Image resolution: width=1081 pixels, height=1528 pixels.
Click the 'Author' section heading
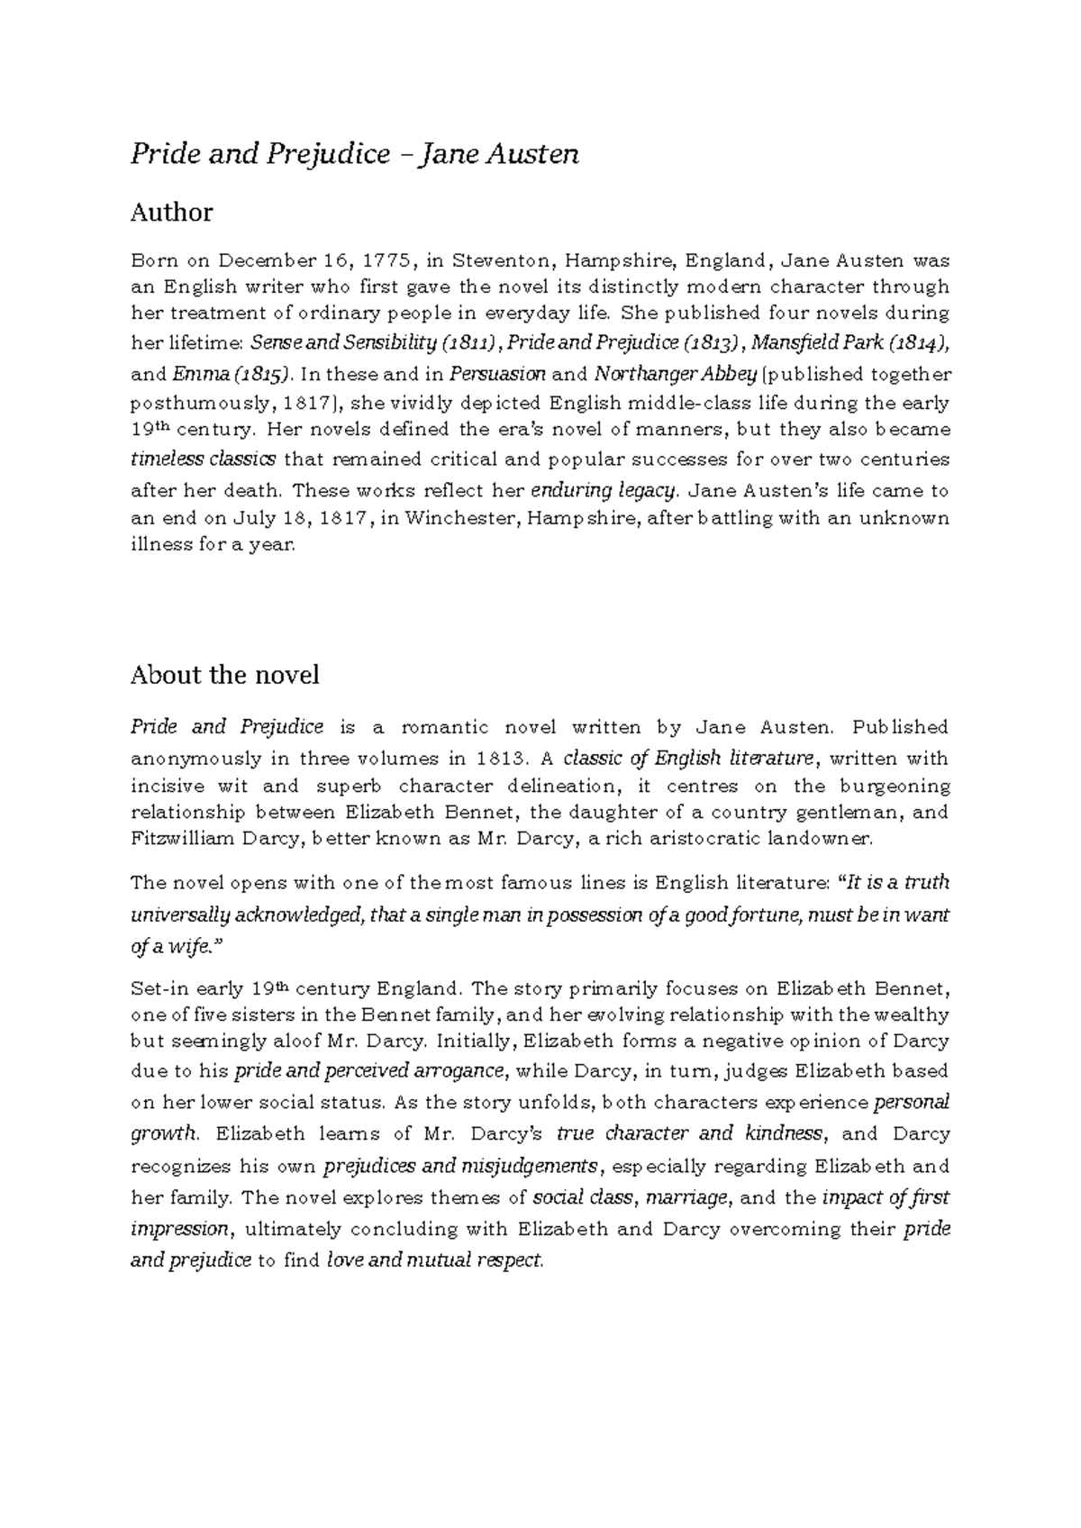[x=171, y=213]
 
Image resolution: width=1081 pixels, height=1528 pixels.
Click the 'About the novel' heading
[x=224, y=675]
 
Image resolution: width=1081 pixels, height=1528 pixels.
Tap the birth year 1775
[x=388, y=261]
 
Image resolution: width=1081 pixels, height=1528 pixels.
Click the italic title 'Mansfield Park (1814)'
[x=849, y=343]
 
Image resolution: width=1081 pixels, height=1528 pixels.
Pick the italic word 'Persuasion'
[x=497, y=374]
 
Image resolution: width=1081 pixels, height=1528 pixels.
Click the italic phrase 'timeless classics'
[x=204, y=459]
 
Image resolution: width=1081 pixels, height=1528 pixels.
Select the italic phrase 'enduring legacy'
[x=603, y=491]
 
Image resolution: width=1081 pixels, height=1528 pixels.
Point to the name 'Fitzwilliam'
[x=180, y=839]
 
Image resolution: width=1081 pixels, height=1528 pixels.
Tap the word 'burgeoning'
[x=895, y=786]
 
